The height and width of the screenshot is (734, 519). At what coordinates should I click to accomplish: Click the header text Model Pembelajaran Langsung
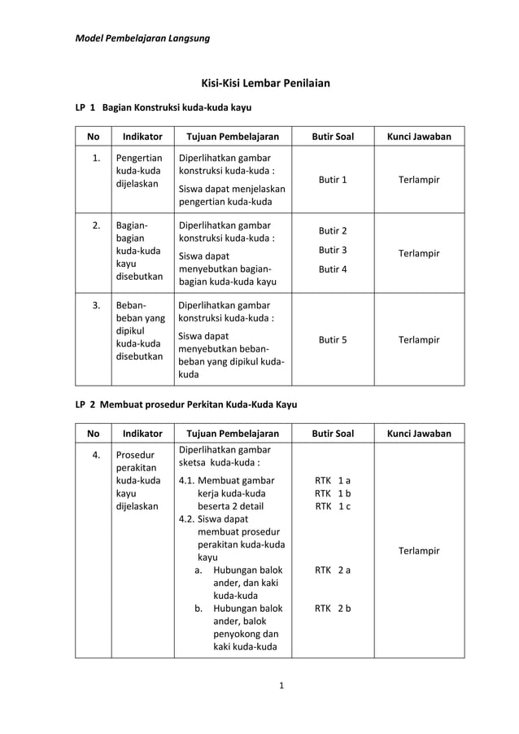tap(142, 38)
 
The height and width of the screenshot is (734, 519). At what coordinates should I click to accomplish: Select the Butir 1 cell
tap(333, 179)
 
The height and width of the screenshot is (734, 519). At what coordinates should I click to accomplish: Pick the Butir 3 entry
tap(333, 250)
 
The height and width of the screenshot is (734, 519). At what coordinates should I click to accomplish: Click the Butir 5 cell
tap(333, 339)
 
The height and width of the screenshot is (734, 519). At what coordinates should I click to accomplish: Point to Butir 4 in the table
tap(333, 269)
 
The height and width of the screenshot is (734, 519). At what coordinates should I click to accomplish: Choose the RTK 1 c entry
tap(333, 506)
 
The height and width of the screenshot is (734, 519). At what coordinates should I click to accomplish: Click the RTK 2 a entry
tap(333, 570)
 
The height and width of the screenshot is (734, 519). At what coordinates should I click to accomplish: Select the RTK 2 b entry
tap(333, 608)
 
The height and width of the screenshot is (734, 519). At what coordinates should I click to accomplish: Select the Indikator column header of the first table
tap(142, 137)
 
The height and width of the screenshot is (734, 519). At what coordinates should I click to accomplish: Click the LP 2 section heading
tap(186, 404)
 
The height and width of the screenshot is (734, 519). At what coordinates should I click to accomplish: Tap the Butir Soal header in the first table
tap(333, 137)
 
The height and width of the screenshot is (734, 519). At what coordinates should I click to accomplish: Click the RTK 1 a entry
tap(333, 480)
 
